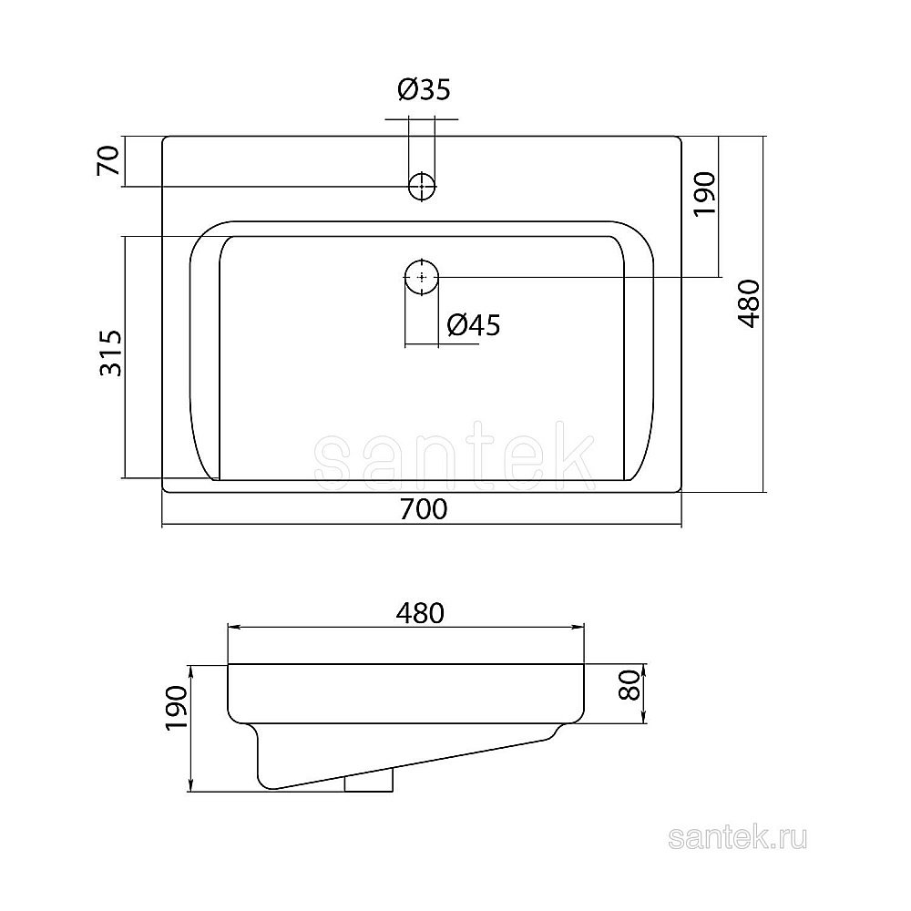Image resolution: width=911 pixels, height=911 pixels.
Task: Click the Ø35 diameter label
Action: coord(425,89)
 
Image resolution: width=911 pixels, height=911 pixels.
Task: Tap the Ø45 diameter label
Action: coord(474,324)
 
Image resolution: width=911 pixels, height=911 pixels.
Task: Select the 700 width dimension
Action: coord(424,509)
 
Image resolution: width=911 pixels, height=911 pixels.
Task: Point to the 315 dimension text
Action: coord(111,353)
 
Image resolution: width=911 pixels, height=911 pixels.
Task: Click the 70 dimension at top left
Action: coord(108,161)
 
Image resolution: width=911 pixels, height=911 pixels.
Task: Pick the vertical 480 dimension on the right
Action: coord(748,304)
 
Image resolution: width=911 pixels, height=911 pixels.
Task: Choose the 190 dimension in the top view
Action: coord(705,193)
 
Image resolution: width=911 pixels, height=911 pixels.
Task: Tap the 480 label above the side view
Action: coord(420,613)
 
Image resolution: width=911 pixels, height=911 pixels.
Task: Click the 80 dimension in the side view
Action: coord(630,684)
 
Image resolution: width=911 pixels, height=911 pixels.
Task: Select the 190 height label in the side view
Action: coord(177,708)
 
